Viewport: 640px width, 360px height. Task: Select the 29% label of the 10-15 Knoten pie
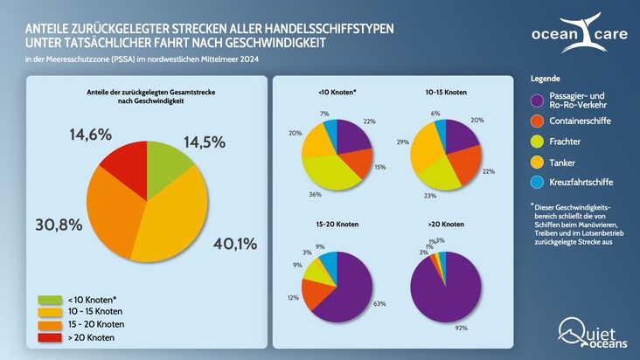tap(402, 141)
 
